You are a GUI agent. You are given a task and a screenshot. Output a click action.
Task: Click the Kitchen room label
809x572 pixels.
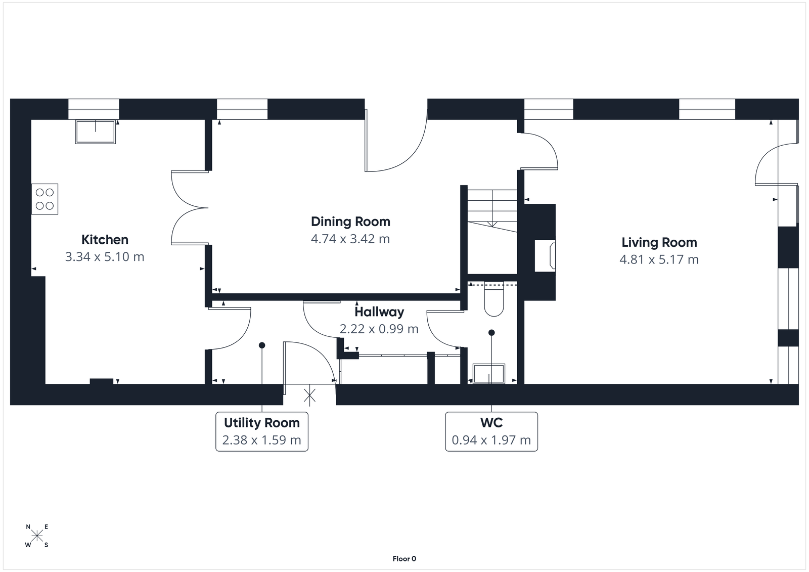[105, 240]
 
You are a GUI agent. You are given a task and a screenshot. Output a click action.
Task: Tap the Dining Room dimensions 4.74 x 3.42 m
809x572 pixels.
[350, 239]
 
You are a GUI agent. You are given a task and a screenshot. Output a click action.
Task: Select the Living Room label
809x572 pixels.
[659, 242]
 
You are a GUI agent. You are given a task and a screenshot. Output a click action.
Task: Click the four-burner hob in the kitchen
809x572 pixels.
[44, 199]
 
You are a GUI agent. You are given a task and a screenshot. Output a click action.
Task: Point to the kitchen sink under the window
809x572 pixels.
[96, 131]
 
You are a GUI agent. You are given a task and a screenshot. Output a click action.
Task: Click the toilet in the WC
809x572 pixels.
[493, 299]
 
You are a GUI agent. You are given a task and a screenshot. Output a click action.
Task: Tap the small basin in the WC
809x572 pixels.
[488, 374]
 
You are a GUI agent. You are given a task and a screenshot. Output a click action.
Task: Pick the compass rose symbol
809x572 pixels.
[37, 536]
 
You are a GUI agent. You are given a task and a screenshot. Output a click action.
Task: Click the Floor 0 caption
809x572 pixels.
[404, 559]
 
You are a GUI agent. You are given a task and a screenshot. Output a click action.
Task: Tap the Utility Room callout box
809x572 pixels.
[261, 431]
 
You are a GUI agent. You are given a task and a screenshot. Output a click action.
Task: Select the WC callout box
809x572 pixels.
[491, 431]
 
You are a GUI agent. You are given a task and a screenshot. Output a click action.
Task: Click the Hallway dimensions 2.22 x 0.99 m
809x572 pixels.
[379, 329]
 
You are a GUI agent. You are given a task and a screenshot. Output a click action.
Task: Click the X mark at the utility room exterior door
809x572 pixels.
[309, 395]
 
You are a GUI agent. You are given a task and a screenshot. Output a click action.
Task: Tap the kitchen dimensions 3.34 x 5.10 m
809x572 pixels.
[105, 257]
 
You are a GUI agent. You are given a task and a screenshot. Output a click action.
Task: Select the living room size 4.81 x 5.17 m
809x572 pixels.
[659, 259]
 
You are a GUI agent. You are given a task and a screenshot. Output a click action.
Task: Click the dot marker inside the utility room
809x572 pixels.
[262, 345]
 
